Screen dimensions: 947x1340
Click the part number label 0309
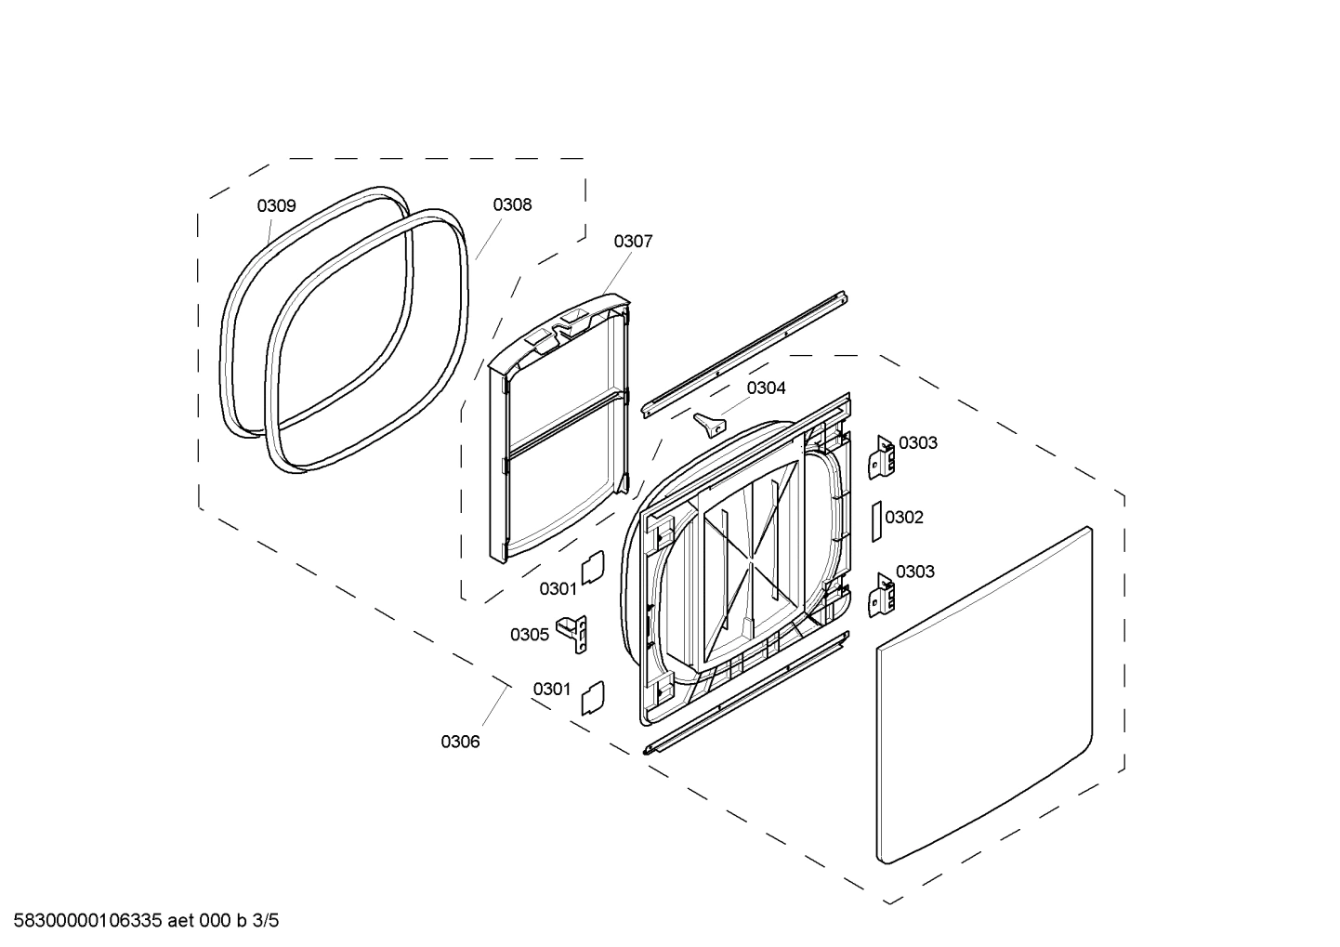276,205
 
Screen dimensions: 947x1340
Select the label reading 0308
512,204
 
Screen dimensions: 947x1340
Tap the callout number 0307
633,242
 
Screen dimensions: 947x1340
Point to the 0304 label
766,388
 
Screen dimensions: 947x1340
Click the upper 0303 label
917,443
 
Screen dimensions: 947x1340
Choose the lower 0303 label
914,572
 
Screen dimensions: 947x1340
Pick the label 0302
904,518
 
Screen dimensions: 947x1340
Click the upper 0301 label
558,588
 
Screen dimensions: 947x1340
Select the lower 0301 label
551,689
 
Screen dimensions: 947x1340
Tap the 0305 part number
529,635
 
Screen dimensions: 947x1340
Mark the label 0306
460,742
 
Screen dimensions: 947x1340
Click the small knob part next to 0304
708,424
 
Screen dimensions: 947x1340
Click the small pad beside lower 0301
592,696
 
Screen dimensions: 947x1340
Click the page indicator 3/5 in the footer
265,921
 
